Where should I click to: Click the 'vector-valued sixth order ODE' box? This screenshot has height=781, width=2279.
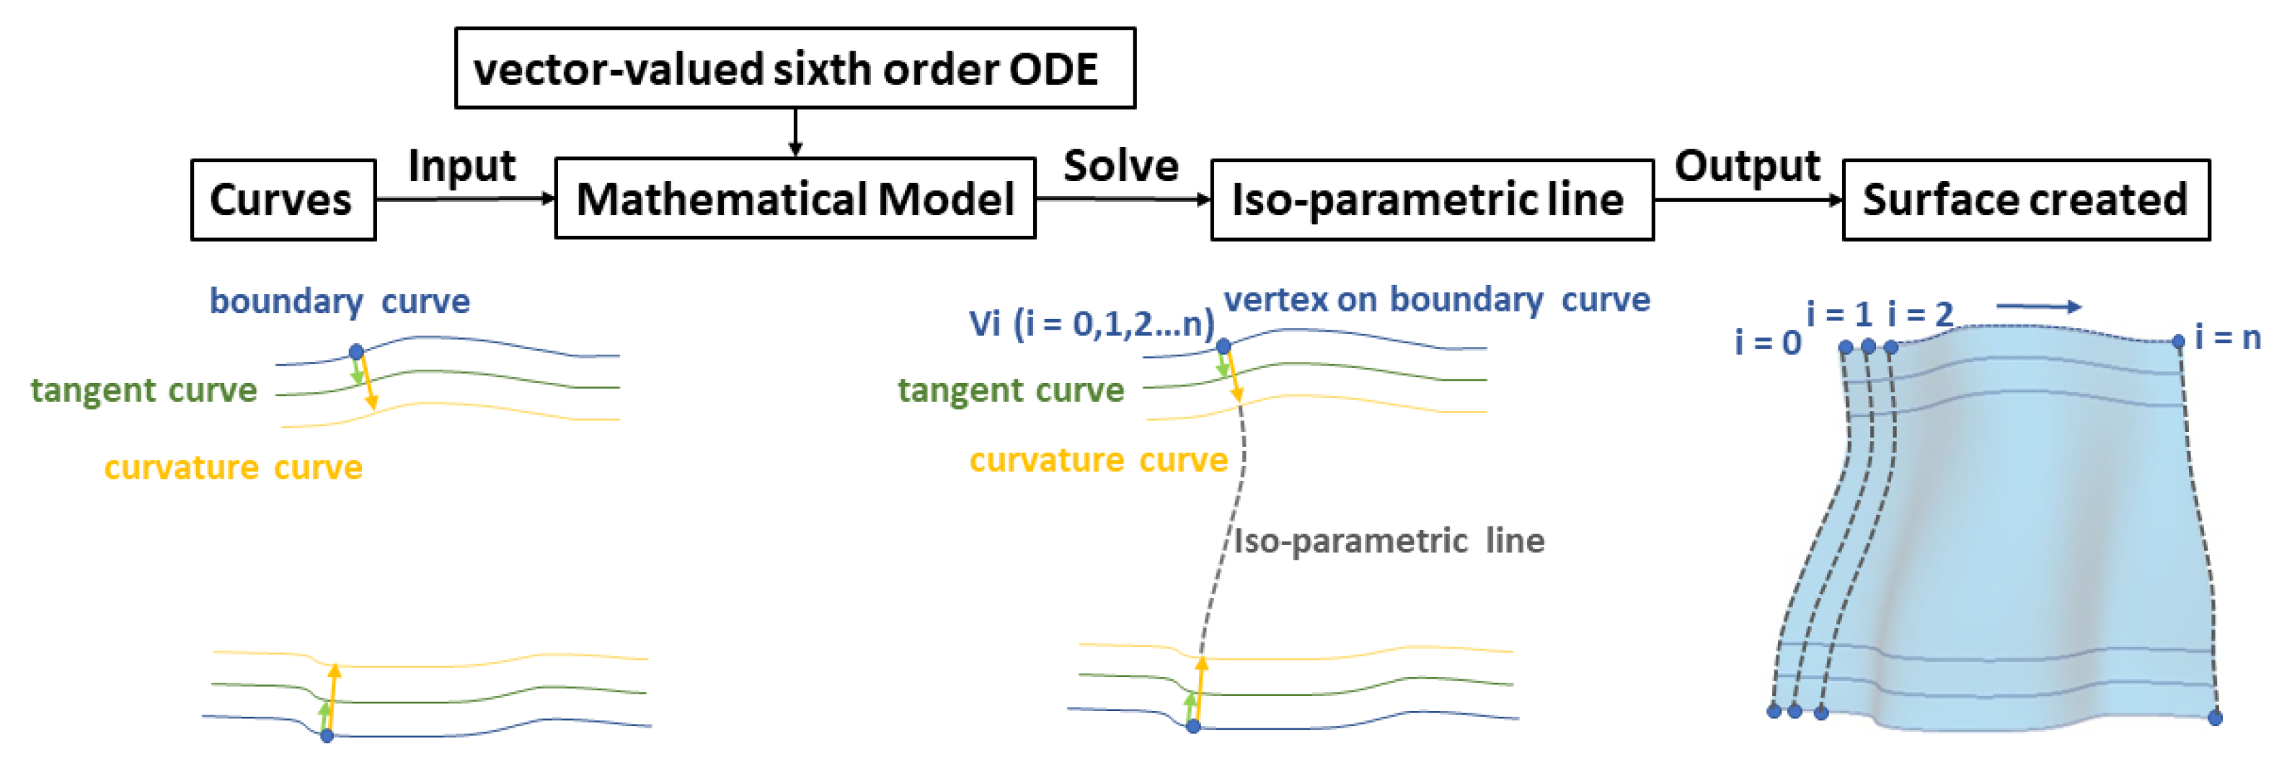tap(795, 68)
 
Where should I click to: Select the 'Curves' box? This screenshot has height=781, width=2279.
tap(283, 200)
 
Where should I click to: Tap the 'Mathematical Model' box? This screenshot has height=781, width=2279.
tap(795, 198)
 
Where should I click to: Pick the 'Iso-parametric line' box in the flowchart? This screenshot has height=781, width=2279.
tap(1431, 200)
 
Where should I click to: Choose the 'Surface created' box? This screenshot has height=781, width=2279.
tap(2025, 200)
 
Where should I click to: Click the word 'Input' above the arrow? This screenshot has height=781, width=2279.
tap(462, 165)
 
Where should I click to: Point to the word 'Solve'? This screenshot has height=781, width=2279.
tap(1121, 165)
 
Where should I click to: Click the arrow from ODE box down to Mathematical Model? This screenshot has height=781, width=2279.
tap(795, 133)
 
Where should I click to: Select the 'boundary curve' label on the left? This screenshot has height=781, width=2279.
tap(340, 301)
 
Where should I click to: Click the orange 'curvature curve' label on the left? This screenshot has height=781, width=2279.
tap(234, 467)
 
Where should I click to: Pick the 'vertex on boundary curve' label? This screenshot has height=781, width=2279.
tap(1437, 300)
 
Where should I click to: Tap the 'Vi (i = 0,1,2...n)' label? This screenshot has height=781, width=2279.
tap(1091, 324)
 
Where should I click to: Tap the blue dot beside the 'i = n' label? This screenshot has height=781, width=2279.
tap(2178, 341)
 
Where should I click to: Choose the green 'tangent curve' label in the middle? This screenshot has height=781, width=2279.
tap(1010, 390)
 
